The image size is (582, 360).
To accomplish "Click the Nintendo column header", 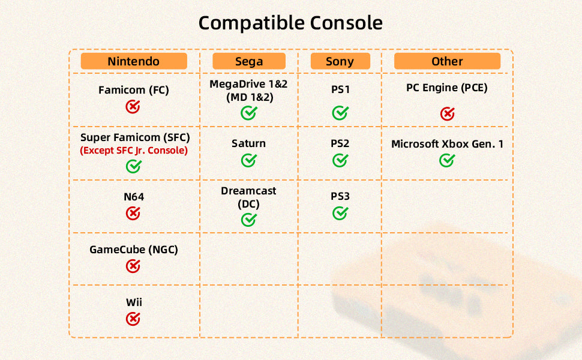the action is click(x=134, y=61).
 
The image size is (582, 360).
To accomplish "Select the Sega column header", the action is click(x=248, y=61).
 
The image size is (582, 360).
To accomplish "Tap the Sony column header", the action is click(x=340, y=61).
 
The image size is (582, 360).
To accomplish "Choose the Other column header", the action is click(x=447, y=61).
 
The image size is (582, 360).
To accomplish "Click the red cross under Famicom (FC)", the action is click(x=133, y=107).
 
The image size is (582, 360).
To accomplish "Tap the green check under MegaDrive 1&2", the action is click(x=248, y=113).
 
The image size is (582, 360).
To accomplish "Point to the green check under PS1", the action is click(x=340, y=113).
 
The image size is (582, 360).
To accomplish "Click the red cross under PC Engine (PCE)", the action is click(x=447, y=113).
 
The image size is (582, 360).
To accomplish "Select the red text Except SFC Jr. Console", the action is click(x=134, y=151).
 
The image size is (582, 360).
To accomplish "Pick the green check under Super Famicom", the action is click(x=134, y=166).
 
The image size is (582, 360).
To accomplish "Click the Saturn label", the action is click(x=248, y=143).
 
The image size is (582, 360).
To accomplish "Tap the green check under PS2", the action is click(x=340, y=160).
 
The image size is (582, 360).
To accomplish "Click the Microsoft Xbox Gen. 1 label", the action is click(x=447, y=143).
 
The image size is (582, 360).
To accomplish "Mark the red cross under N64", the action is click(x=133, y=214).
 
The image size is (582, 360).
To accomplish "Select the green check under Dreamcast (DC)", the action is click(x=248, y=220).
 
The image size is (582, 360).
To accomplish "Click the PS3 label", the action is click(x=340, y=196).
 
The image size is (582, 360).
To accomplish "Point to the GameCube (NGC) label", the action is click(x=134, y=250).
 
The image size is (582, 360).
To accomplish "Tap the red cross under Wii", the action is click(x=133, y=319).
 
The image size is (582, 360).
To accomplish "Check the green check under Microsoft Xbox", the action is click(x=447, y=160).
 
